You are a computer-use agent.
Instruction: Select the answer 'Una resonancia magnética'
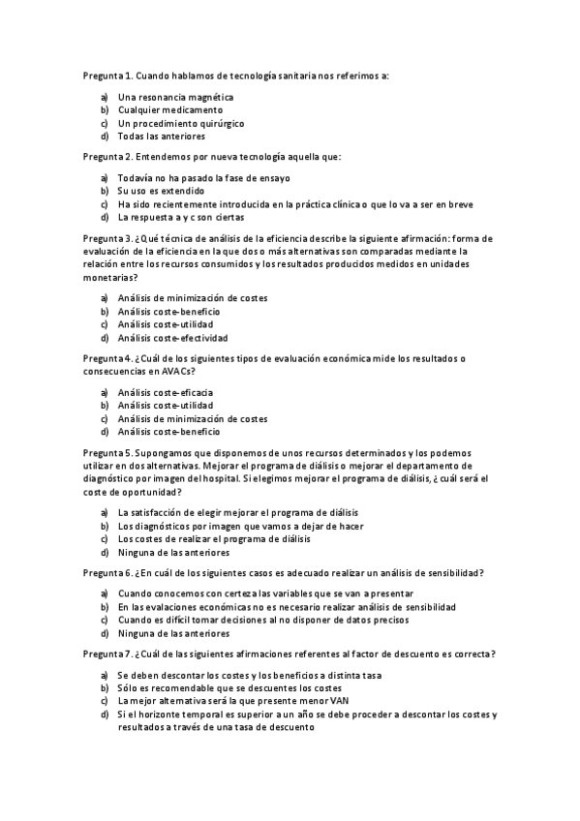point(175,97)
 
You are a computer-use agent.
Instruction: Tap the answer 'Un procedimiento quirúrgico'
point(180,124)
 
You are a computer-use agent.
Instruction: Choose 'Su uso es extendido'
point(161,192)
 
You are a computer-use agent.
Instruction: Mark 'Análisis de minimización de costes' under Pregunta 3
point(192,298)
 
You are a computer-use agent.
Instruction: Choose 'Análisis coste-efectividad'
point(172,339)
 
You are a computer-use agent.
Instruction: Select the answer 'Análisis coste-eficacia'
point(165,392)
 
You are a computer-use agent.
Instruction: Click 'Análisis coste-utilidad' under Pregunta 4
point(165,406)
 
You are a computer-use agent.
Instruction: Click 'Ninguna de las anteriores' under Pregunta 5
point(173,553)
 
